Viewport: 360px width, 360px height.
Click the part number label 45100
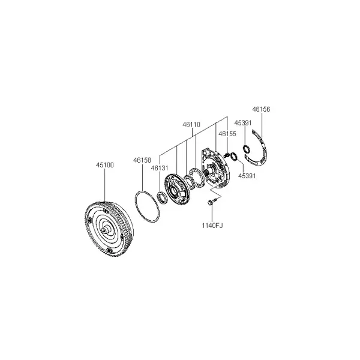(x=104, y=165)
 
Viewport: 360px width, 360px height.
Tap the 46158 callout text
(x=142, y=160)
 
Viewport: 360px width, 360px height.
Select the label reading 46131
(x=160, y=168)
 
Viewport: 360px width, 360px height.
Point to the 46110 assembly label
(x=191, y=125)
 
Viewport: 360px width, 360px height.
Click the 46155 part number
(x=227, y=134)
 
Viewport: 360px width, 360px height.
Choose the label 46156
(x=261, y=109)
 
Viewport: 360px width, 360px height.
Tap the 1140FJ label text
(x=212, y=226)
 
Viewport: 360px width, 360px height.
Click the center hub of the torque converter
(x=105, y=230)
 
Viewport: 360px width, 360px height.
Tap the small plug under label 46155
(x=226, y=155)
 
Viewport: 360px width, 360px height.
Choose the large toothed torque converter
(x=109, y=229)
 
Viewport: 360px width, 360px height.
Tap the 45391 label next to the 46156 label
(x=243, y=123)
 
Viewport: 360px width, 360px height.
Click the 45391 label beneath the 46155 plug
(x=247, y=176)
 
